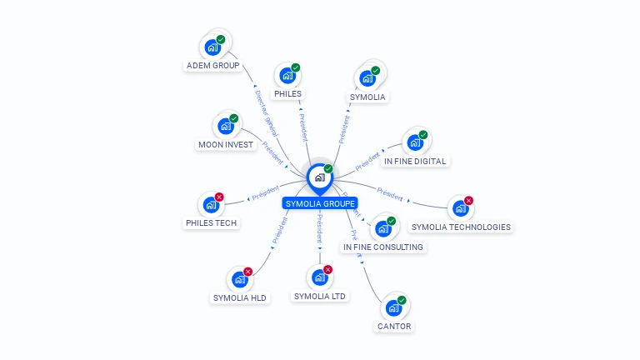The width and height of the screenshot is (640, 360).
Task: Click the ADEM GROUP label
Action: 213,65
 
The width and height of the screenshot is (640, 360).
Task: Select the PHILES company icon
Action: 287,76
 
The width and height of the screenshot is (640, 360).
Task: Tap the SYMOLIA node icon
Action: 367,79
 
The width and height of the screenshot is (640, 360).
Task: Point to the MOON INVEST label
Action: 226,144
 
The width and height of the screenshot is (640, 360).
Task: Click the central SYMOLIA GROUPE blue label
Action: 320,203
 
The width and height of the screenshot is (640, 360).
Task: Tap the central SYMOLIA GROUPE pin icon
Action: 319,177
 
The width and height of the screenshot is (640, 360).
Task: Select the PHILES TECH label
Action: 212,222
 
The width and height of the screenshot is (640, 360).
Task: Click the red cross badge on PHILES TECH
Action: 219,197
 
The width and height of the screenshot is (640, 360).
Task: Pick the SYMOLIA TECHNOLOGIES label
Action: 462,227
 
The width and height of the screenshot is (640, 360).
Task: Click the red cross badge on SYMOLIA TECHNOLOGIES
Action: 468,201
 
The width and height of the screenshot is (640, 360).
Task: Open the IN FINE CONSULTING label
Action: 383,247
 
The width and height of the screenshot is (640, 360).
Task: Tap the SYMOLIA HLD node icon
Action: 240,280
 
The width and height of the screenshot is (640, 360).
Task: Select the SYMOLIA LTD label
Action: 321,296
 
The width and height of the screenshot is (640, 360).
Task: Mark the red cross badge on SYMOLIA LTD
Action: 327,270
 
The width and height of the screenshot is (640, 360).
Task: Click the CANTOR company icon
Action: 393,307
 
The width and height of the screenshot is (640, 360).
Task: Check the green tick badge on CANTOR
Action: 402,300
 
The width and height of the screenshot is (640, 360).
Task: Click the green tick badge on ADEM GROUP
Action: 221,39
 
